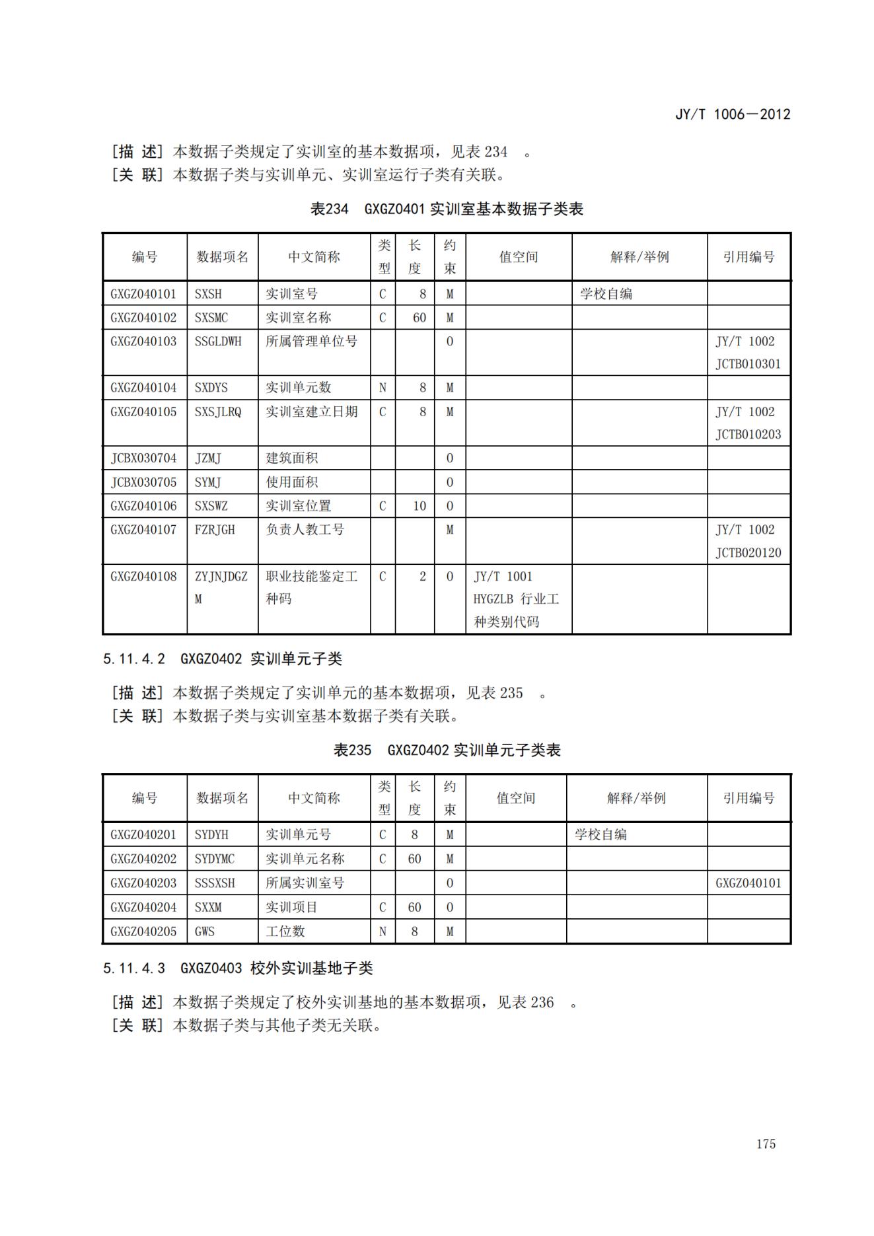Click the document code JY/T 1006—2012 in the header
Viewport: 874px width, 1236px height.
(732, 114)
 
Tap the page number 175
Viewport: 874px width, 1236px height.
(766, 1144)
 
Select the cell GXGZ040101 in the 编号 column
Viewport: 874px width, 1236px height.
(143, 294)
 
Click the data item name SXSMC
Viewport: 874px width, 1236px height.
(211, 318)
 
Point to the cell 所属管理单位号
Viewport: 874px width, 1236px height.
(311, 342)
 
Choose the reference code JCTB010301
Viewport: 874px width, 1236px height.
(748, 364)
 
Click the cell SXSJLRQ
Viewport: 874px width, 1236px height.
(218, 412)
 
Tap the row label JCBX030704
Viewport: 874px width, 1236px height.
(143, 458)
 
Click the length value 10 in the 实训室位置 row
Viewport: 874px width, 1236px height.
(419, 506)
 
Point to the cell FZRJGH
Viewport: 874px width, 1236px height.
(215, 530)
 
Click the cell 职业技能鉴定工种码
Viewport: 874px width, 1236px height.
(311, 587)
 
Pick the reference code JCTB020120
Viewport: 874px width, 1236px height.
(748, 553)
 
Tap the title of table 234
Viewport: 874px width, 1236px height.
(447, 209)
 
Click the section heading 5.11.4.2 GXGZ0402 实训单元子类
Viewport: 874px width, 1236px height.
(223, 659)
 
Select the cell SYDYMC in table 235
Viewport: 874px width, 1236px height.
(215, 859)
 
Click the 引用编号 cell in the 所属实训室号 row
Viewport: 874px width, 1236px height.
(748, 883)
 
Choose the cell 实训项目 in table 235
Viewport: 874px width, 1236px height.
(291, 908)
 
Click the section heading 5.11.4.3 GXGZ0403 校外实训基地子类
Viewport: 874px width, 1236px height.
(238, 968)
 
